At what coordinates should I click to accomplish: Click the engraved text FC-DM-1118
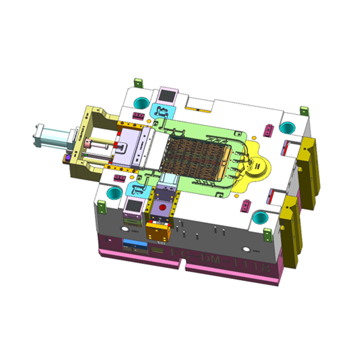point(220,259)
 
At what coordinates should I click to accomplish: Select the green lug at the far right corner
point(304,110)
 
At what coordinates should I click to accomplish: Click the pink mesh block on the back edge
point(167,95)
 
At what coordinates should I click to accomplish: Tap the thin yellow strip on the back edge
point(198,109)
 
